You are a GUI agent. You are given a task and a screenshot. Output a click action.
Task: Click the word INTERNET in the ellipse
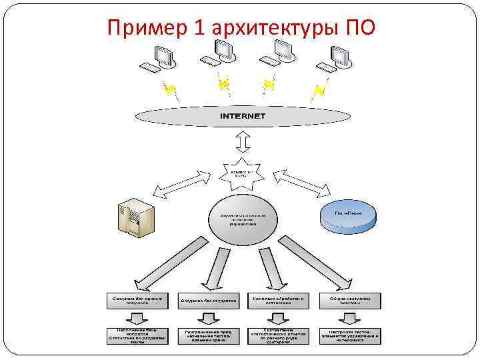click(243, 116)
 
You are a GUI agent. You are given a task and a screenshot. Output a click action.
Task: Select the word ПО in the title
click(360, 28)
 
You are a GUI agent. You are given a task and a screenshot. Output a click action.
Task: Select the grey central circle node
click(243, 219)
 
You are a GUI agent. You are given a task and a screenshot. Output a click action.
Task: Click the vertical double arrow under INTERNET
click(243, 143)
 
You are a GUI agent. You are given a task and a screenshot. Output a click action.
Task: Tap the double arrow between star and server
click(181, 185)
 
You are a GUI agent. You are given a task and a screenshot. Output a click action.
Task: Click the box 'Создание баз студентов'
click(208, 301)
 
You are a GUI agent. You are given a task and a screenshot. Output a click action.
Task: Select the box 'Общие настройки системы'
click(349, 301)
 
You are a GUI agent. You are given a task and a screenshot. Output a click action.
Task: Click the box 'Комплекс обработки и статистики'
click(279, 301)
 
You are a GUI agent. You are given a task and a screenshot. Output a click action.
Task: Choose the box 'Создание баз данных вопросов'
click(137, 301)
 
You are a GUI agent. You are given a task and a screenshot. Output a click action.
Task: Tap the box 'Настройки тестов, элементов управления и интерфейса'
click(349, 335)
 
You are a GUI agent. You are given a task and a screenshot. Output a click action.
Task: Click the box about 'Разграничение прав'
click(208, 335)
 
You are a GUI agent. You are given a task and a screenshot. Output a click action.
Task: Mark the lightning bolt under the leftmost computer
click(171, 88)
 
